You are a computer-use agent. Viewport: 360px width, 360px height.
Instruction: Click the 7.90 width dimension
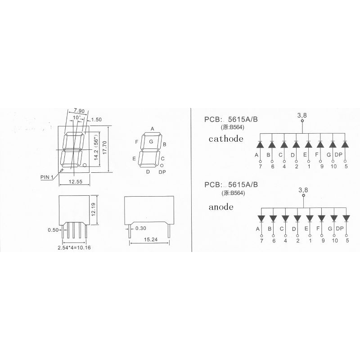point(79,111)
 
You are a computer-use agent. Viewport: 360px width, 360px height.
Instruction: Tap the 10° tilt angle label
point(77,117)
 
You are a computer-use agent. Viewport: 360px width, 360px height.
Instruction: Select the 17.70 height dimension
point(104,148)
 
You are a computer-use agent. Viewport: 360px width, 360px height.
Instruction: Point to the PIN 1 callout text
point(47,177)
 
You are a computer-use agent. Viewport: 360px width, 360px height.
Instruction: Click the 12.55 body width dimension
point(75,182)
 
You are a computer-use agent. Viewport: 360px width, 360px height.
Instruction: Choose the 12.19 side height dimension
point(93,209)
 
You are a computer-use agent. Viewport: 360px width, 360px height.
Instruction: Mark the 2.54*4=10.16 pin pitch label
point(74,247)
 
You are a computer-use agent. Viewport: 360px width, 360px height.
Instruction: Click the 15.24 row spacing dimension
point(151,239)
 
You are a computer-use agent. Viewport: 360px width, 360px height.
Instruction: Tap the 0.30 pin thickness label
point(141,228)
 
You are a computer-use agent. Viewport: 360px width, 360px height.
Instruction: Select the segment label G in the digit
point(151,142)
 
